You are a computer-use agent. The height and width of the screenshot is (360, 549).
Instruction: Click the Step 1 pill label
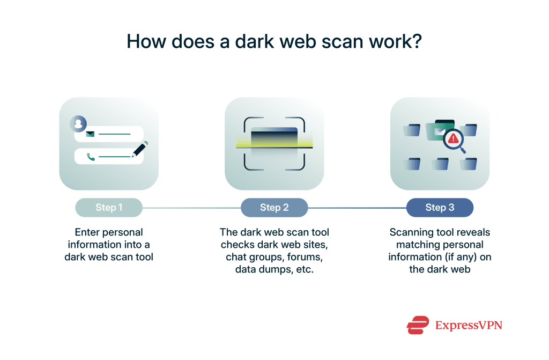point(109,208)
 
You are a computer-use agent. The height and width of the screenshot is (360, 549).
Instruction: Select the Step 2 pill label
point(274,208)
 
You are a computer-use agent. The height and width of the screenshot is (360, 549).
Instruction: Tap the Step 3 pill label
point(440,208)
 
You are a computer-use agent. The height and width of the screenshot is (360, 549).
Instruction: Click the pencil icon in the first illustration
point(140,149)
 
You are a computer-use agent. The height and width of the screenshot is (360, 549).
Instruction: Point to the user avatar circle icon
point(78,124)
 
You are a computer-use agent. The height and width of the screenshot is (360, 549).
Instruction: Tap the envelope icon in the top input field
point(90,134)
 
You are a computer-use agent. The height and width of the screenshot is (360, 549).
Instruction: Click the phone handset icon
point(91,157)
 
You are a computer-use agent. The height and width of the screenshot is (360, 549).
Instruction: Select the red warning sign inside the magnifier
point(454,139)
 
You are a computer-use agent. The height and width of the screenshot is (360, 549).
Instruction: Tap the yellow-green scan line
point(274,143)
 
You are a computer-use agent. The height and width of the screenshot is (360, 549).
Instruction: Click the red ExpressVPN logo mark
point(418,325)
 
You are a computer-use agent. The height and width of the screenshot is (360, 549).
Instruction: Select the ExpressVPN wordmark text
point(469,325)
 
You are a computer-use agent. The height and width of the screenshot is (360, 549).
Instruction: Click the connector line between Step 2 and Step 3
point(357,208)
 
